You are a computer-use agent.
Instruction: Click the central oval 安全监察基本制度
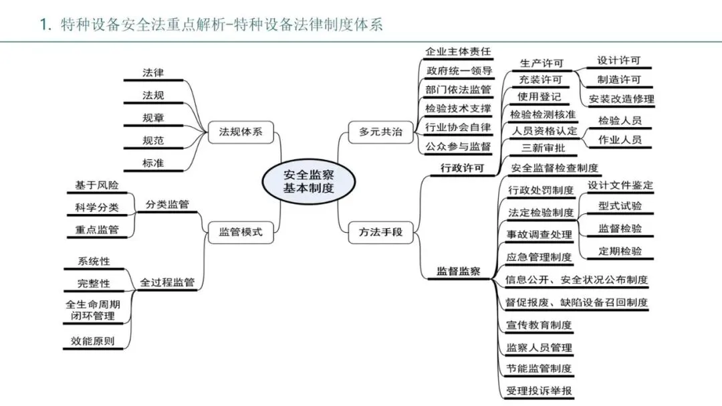[308, 181]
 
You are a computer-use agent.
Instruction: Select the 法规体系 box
[241, 132]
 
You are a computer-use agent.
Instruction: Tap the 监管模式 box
[241, 233]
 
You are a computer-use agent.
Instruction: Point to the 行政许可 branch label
[462, 167]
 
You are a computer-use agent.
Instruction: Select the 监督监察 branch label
[459, 271]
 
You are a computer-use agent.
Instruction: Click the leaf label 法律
[153, 72]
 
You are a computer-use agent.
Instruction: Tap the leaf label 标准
[153, 163]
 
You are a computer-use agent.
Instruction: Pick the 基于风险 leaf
[97, 185]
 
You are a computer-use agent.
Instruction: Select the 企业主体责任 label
[458, 51]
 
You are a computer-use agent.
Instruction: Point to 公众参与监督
[458, 146]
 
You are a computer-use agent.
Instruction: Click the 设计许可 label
[618, 60]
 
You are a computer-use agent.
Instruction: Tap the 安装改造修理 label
[622, 99]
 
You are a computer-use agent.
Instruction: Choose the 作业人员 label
[620, 140]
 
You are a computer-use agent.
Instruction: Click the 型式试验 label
[620, 206]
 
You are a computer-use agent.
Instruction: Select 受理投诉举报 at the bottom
[539, 391]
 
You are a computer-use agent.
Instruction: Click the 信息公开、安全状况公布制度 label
[576, 280]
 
